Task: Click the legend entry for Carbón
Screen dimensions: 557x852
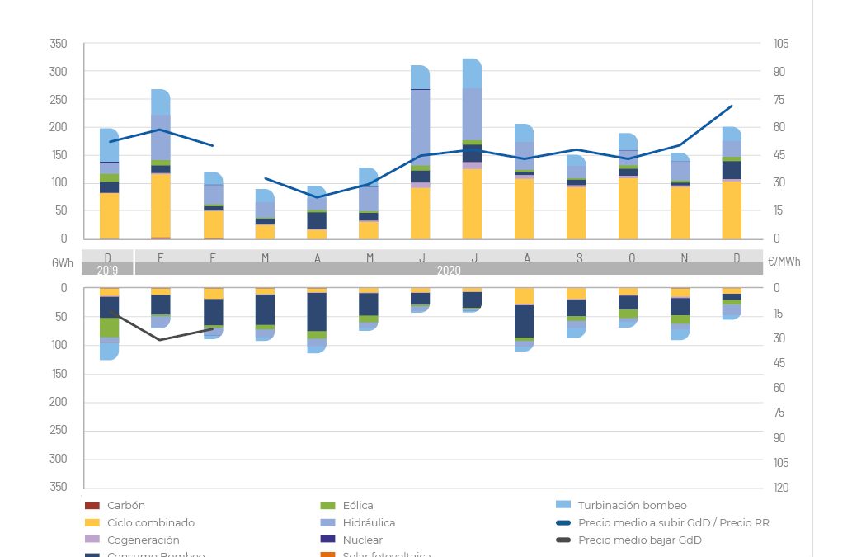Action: coord(125,505)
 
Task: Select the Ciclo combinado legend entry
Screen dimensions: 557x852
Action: coord(150,522)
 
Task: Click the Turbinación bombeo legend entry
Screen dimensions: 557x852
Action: coord(632,505)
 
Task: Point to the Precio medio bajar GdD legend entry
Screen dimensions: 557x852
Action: coord(639,540)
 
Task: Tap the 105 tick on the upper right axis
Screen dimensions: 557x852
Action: coord(780,44)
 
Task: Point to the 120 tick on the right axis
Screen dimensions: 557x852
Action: coord(780,488)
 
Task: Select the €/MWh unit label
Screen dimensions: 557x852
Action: coord(784,261)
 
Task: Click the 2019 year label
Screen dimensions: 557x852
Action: coord(108,270)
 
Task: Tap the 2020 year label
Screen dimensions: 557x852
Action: coord(449,270)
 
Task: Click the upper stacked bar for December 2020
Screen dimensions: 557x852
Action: coord(732,183)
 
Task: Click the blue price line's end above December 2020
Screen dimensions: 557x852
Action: coord(732,106)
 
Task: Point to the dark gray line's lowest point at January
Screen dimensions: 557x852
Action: coord(160,340)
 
